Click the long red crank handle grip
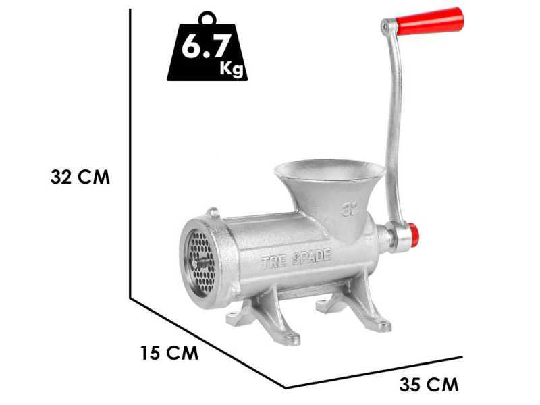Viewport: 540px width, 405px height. pyautogui.click(x=429, y=22)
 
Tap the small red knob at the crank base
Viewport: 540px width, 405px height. pyautogui.click(x=414, y=235)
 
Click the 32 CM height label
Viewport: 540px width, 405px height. pyautogui.click(x=80, y=177)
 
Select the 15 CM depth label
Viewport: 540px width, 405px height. pyautogui.click(x=169, y=352)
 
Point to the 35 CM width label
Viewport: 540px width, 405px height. pyautogui.click(x=429, y=384)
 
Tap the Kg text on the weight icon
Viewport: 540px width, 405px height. pyautogui.click(x=231, y=69)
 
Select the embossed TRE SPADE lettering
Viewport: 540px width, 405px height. pyautogui.click(x=296, y=259)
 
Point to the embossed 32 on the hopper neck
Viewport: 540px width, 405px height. pyautogui.click(x=350, y=209)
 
